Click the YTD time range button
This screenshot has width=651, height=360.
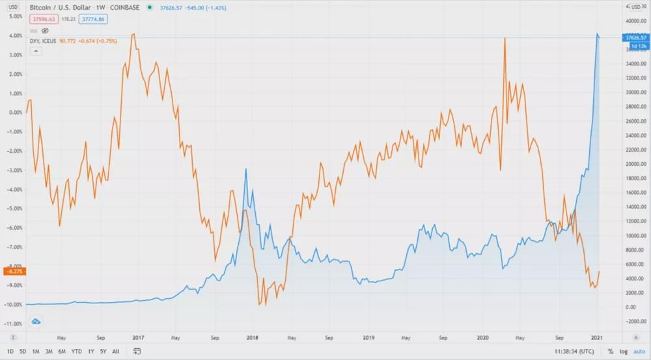(76, 352)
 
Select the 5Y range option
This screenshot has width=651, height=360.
(102, 352)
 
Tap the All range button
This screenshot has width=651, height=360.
(115, 352)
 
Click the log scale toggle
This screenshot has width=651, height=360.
(624, 352)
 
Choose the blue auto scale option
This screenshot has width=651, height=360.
(639, 352)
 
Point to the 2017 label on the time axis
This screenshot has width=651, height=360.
(138, 339)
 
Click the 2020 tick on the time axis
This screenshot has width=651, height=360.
(483, 339)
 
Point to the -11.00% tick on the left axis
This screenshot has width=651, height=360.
(12, 324)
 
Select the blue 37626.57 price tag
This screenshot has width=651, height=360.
(635, 38)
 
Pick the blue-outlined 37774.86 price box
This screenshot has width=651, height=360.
(93, 19)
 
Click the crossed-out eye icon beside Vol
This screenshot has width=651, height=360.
(46, 30)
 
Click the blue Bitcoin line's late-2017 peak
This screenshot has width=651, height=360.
(246, 169)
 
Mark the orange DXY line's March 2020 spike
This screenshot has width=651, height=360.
(505, 38)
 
